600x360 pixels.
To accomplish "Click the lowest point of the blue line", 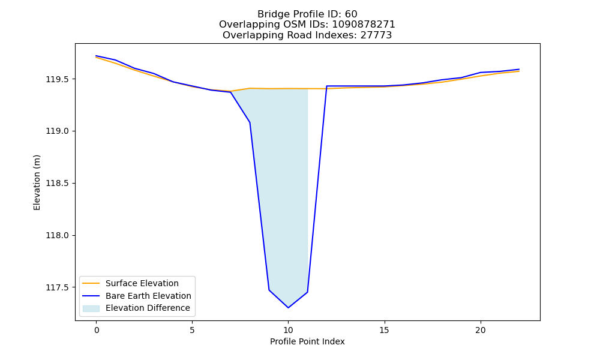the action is click(288, 308).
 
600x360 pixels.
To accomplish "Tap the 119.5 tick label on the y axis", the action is click(58, 80).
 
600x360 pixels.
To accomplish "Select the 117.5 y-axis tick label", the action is click(58, 287).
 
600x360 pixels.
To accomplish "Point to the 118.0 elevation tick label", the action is click(58, 236).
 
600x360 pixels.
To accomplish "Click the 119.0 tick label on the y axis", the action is click(58, 131).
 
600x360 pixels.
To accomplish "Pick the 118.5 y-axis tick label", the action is click(58, 183).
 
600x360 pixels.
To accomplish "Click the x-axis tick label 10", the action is click(288, 330).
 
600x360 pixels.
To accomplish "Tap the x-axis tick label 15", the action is click(384, 330).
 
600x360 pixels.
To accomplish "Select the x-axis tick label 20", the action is click(480, 330).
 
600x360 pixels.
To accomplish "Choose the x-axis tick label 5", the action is click(192, 330).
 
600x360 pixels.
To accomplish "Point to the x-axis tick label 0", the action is click(97, 330).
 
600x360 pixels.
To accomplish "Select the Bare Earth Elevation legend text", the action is click(148, 296).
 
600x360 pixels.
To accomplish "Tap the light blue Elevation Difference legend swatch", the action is click(91, 308).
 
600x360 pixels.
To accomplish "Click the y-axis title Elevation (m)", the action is click(37, 182).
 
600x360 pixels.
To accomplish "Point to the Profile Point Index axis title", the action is click(307, 341).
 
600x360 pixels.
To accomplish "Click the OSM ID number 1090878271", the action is click(364, 25).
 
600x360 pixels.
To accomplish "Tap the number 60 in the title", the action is click(351, 14).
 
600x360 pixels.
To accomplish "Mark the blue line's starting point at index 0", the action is click(97, 56).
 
